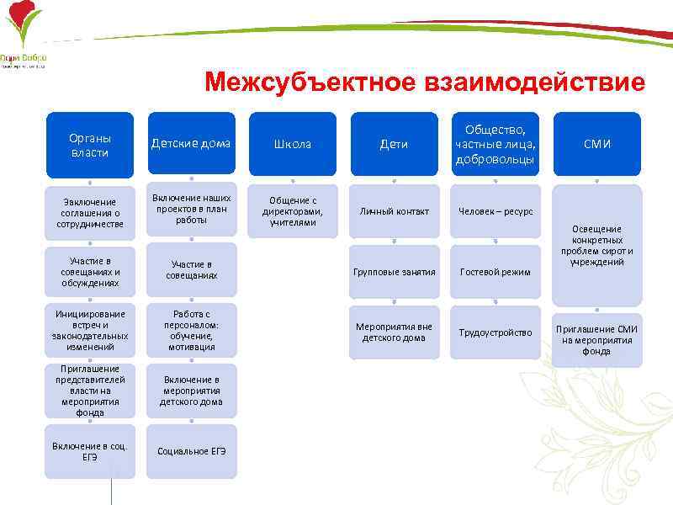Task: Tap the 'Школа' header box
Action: tap(292, 144)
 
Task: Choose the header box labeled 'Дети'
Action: tap(394, 144)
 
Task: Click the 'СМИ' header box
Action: tap(596, 144)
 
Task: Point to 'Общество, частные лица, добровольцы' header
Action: tap(495, 144)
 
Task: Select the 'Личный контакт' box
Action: tap(394, 211)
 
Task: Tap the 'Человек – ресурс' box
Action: tap(495, 211)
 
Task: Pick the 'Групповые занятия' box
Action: tap(394, 272)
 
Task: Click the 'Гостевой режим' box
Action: tap(495, 272)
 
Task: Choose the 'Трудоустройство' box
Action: tap(495, 332)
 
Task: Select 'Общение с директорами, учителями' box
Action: tap(292, 211)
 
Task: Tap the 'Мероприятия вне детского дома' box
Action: tap(394, 332)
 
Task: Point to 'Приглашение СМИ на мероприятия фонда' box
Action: tap(596, 339)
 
